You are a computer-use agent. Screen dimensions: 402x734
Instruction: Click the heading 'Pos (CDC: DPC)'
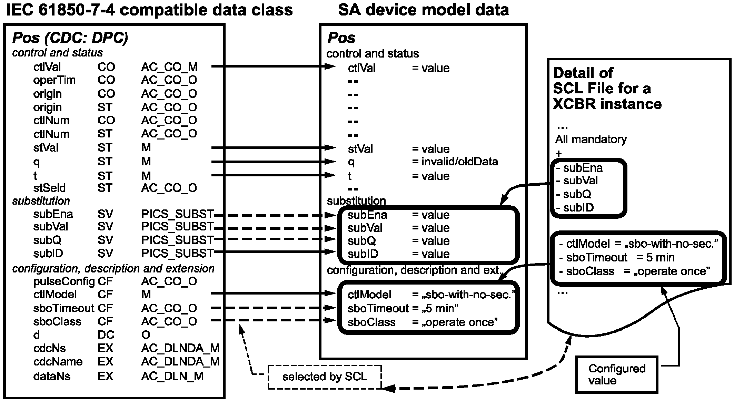pos(70,38)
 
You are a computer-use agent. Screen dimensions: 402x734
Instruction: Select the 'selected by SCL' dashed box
pos(325,377)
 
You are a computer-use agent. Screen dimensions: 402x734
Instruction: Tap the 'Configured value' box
pos(617,374)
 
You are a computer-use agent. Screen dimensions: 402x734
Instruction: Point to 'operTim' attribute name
pos(54,80)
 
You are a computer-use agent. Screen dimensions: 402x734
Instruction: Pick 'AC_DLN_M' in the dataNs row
pos(172,376)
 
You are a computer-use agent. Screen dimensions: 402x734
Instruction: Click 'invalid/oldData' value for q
pos(460,162)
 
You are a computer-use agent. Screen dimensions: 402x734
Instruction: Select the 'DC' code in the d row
pos(106,335)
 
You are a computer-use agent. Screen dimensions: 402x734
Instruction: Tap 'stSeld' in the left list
pos(49,188)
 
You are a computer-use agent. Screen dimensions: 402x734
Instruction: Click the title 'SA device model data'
pos(423,10)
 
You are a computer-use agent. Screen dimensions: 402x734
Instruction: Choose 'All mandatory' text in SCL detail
pos(591,140)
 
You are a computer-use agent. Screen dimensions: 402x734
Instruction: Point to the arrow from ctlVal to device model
pos(272,66)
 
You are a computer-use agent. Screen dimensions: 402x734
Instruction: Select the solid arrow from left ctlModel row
pos(272,293)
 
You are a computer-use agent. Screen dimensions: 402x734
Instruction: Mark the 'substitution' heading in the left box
pos(41,201)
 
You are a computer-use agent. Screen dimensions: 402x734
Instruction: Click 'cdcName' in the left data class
pos(58,362)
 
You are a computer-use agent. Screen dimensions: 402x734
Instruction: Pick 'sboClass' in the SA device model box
pos(371,322)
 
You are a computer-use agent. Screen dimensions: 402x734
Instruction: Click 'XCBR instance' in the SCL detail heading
pos(607,104)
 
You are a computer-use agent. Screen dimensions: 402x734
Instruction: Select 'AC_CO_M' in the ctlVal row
pos(169,67)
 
